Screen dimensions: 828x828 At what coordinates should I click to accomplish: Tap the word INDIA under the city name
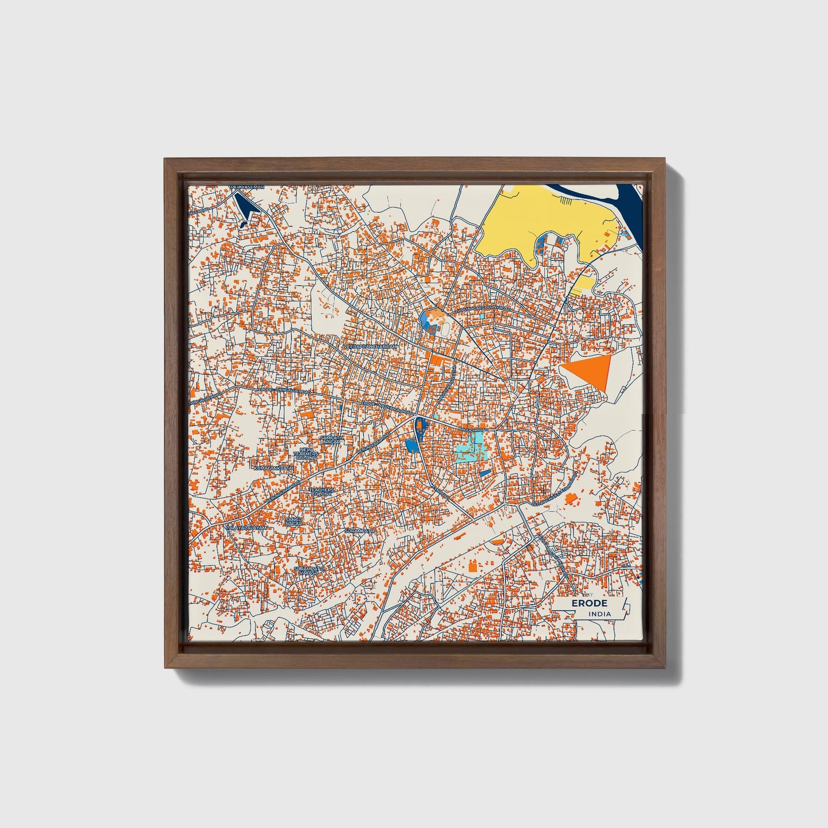599,614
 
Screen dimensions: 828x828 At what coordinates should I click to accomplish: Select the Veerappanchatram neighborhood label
370,347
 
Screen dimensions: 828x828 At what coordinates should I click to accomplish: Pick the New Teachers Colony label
305,455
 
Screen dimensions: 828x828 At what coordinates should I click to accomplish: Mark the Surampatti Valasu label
309,571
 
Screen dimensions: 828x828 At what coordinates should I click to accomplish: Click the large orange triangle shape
590,371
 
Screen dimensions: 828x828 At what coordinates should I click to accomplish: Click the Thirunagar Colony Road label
482,309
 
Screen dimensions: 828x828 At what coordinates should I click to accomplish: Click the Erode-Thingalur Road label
284,391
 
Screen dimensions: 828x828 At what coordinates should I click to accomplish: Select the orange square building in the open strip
473,567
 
